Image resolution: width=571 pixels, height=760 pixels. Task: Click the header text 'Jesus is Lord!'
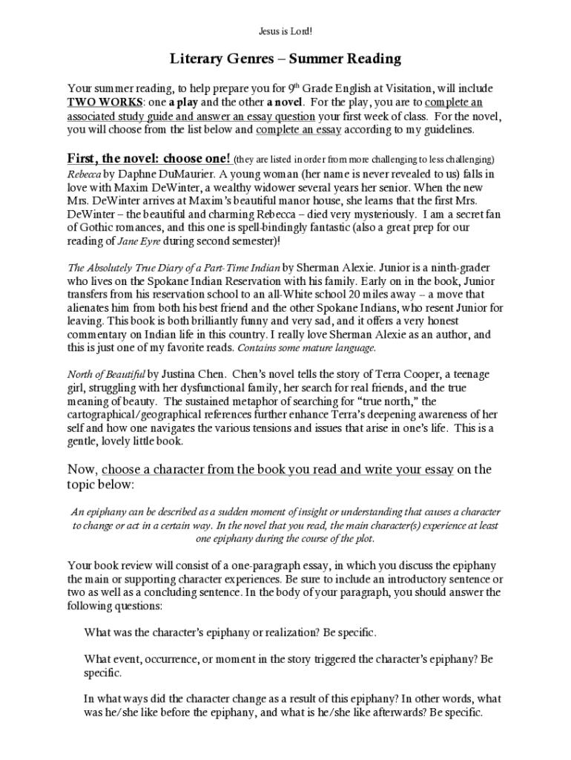click(285, 31)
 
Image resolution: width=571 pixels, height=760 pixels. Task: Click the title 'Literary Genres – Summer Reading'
click(285, 58)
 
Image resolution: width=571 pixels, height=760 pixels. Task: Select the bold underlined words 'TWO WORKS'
click(96, 102)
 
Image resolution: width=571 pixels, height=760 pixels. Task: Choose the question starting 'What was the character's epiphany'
click(230, 633)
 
